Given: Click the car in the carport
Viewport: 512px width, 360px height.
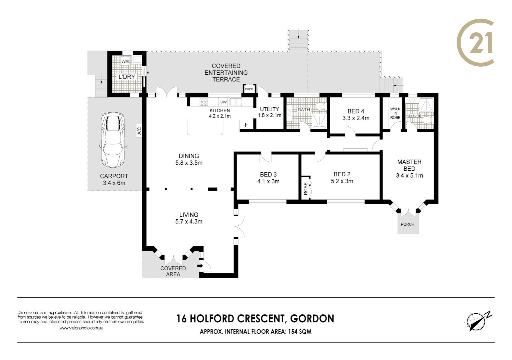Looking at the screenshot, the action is [113, 140].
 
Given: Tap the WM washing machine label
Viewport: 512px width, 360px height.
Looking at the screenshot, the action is [125, 61].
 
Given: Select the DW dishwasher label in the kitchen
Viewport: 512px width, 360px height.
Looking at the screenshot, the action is [223, 102].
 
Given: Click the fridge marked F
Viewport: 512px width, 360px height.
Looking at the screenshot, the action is [246, 125].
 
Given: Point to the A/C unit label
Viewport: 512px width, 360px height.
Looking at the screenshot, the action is [139, 131].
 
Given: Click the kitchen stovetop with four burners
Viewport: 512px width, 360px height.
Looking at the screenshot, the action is [203, 102].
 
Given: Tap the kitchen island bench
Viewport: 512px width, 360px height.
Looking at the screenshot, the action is [205, 127].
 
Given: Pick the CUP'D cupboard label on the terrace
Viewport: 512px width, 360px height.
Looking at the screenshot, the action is [249, 89].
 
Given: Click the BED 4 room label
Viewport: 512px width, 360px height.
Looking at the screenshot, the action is [356, 111].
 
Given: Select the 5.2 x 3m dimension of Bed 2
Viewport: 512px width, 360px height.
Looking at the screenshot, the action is [342, 181].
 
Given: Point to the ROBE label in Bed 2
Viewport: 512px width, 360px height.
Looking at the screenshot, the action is [306, 188].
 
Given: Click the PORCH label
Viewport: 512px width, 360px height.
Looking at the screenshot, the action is [408, 224].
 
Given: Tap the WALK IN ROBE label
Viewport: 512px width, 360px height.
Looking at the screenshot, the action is [395, 113].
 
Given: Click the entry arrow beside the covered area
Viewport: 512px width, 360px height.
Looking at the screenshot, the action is [200, 266].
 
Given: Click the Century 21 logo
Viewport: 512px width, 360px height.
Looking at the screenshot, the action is [475, 43].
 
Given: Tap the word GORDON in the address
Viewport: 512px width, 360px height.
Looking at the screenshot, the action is [312, 319].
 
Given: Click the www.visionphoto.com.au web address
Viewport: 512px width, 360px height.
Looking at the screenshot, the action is [81, 328].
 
